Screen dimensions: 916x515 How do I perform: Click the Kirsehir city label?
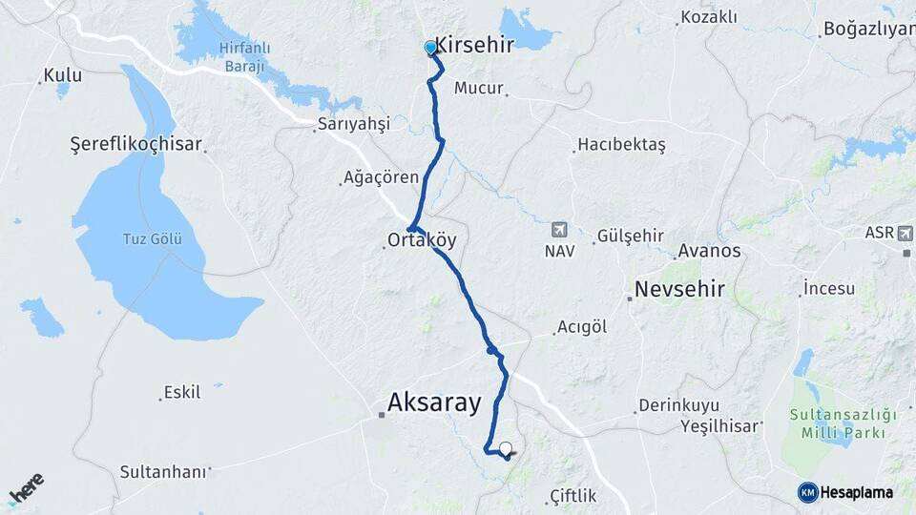point(474,45)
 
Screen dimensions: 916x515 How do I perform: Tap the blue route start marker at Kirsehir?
point(430,48)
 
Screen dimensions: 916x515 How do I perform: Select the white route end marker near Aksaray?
point(506,447)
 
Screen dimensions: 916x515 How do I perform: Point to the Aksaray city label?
point(434,402)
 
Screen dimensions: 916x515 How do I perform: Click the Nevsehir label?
point(679,289)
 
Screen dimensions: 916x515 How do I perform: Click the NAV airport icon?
point(559,229)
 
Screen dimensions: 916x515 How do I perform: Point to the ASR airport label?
point(880,232)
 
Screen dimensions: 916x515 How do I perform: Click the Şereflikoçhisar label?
point(136,144)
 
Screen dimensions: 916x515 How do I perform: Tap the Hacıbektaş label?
point(621,145)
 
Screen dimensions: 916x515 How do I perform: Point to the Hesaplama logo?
point(845,492)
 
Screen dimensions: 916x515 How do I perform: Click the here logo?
point(26,488)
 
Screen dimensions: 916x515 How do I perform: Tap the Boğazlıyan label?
point(868,29)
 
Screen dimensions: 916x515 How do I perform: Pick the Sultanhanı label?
point(163,471)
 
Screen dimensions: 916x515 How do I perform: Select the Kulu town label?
point(62,75)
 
